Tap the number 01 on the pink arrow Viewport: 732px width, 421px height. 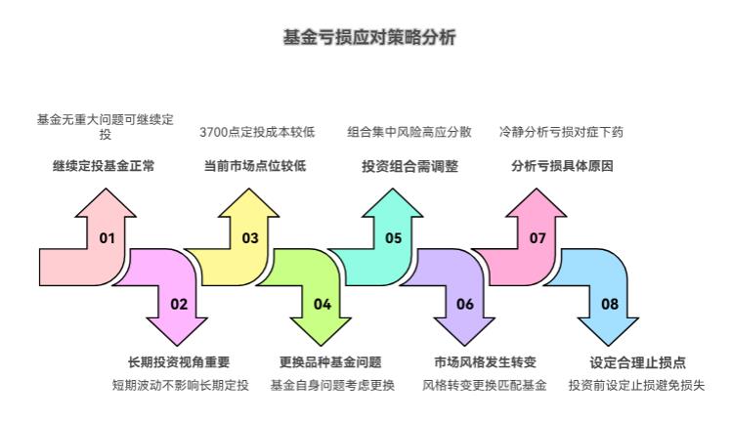[107, 238]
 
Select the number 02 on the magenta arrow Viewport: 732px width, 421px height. [178, 304]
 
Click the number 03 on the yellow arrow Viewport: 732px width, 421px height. [250, 238]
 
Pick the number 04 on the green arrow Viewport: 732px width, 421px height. [322, 304]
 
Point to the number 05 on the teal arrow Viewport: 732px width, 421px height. [393, 238]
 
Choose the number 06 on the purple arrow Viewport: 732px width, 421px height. [465, 304]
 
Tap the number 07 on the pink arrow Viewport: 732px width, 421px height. [538, 238]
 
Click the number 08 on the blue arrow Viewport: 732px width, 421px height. [610, 304]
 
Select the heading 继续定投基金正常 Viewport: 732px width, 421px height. [104, 166]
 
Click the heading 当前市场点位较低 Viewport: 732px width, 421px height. [254, 166]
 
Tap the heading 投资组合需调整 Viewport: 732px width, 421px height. [409, 166]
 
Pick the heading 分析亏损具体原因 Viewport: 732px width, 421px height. [562, 166]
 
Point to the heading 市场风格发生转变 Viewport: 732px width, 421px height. [485, 362]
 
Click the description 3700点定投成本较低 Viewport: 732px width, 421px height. [256, 132]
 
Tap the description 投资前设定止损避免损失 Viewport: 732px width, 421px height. [636, 385]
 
